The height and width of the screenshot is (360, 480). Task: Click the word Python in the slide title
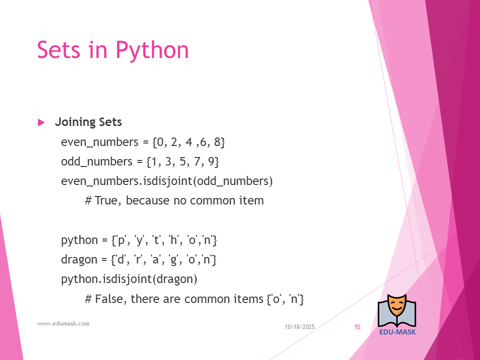pyautogui.click(x=152, y=50)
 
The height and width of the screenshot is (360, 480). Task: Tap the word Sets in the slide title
pyautogui.click(x=59, y=49)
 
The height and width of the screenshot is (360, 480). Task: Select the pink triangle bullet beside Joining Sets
pyautogui.click(x=41, y=122)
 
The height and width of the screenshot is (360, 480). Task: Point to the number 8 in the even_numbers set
pyautogui.click(x=217, y=142)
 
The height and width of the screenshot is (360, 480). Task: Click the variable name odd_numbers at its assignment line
pyautogui.click(x=96, y=162)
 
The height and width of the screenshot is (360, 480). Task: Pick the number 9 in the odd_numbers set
pyautogui.click(x=211, y=161)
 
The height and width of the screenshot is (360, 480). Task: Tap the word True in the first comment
pyautogui.click(x=105, y=201)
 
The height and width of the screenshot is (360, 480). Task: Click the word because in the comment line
pyautogui.click(x=147, y=201)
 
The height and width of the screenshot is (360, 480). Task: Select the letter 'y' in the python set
pyautogui.click(x=139, y=240)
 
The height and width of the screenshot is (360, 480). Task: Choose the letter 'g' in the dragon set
pyautogui.click(x=174, y=260)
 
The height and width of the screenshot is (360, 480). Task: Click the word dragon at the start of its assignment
pyautogui.click(x=79, y=260)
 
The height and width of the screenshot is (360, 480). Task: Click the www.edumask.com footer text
pyautogui.click(x=63, y=323)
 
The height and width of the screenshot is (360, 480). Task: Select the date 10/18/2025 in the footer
pyautogui.click(x=299, y=327)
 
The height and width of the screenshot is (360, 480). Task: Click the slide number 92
pyautogui.click(x=357, y=327)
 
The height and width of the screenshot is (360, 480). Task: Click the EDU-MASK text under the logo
pyautogui.click(x=397, y=332)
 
